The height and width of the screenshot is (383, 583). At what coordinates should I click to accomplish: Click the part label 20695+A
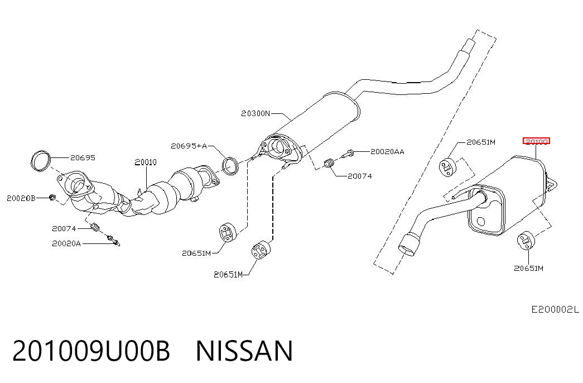click(x=189, y=146)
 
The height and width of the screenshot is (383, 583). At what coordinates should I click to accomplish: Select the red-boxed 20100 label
click(x=536, y=141)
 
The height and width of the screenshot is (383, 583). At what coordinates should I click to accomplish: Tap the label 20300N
click(x=256, y=113)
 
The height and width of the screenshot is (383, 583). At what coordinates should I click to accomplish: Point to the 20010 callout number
click(x=146, y=162)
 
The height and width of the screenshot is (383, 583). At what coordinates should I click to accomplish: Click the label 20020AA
click(x=387, y=151)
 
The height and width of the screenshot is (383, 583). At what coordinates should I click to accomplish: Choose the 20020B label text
click(x=21, y=198)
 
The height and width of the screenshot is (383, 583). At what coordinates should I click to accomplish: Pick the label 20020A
click(x=66, y=243)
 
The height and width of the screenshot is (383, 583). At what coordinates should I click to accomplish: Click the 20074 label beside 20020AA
click(x=359, y=176)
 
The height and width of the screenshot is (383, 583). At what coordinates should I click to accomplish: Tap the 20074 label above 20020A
click(x=64, y=228)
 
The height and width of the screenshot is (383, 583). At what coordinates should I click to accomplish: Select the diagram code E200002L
click(x=555, y=309)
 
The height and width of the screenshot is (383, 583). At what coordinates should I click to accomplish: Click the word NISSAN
click(x=244, y=351)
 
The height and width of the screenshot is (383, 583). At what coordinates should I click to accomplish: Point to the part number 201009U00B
click(x=91, y=351)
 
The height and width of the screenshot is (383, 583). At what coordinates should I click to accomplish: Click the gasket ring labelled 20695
click(x=40, y=161)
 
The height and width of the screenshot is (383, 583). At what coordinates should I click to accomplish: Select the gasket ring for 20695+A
click(x=230, y=166)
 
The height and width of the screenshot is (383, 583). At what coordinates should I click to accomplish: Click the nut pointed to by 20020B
click(x=52, y=197)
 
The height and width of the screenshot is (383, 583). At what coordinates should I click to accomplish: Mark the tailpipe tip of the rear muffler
click(x=408, y=245)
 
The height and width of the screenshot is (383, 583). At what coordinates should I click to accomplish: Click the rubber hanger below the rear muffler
click(x=526, y=241)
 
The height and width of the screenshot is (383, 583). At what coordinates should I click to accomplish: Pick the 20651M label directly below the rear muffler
click(x=528, y=268)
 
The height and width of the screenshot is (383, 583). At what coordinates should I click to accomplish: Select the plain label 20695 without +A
click(x=83, y=158)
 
